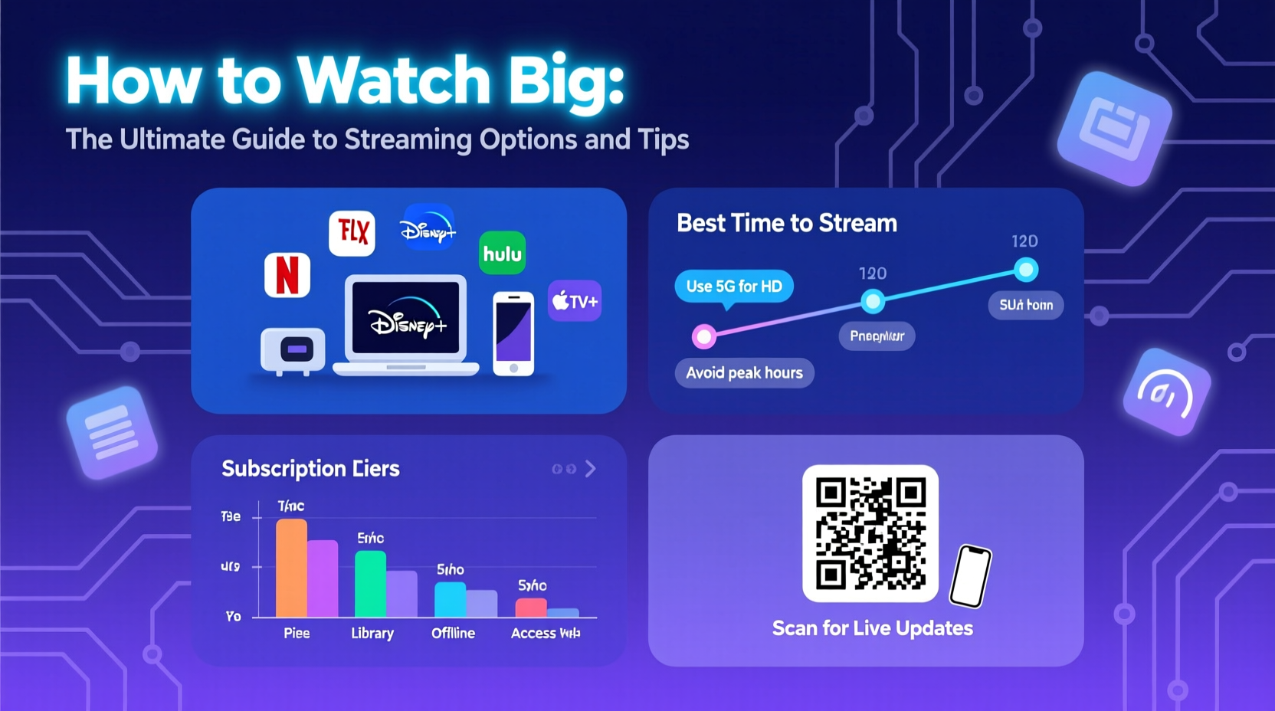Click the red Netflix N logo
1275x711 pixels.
click(287, 275)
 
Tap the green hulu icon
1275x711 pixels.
click(502, 254)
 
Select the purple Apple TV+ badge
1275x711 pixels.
click(575, 301)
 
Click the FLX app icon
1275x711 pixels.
click(352, 232)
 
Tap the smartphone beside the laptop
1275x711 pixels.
click(513, 333)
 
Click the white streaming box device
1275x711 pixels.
click(293, 350)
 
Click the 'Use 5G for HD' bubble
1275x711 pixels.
click(733, 287)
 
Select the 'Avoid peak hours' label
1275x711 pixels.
click(744, 373)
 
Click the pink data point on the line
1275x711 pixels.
click(703, 336)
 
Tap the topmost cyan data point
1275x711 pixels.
click(1025, 270)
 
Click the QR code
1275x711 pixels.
click(870, 533)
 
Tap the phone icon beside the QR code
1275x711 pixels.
click(971, 575)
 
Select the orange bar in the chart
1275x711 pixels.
click(291, 568)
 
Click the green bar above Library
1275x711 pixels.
click(370, 583)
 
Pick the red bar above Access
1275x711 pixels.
click(531, 608)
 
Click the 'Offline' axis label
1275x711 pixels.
click(453, 634)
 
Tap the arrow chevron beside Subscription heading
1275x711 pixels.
click(590, 469)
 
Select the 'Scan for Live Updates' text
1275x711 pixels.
click(872, 628)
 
